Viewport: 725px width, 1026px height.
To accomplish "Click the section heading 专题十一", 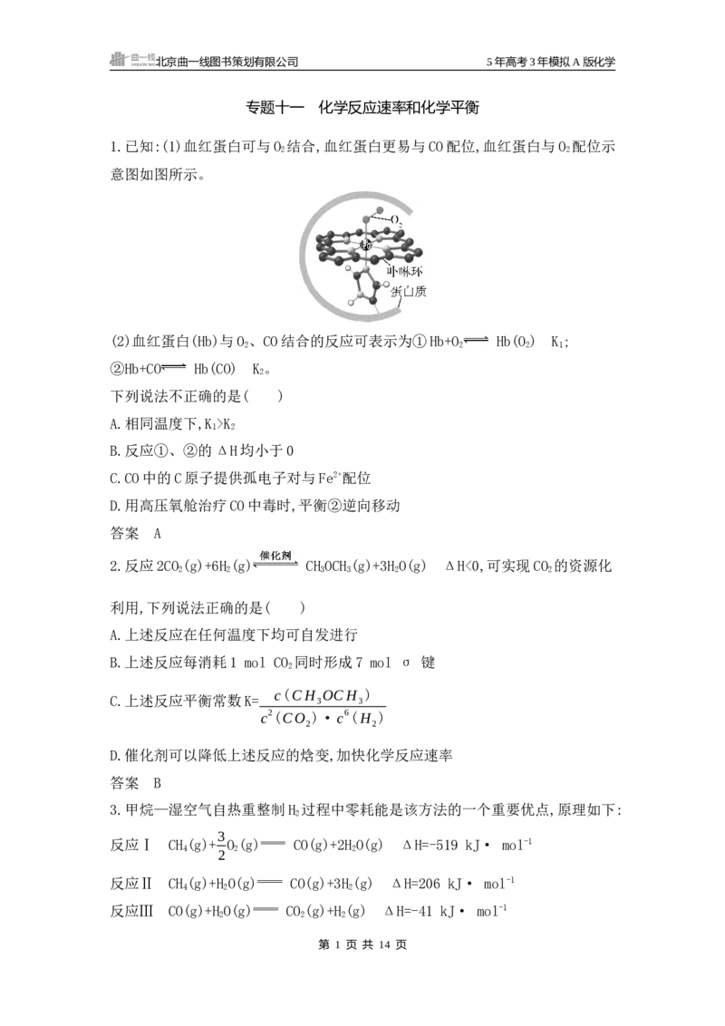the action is [x=275, y=107].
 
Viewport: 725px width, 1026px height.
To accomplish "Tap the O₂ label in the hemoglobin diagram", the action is [x=397, y=220].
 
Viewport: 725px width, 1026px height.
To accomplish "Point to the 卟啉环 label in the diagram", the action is [x=404, y=272].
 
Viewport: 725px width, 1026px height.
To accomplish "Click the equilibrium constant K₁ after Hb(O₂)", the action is [x=558, y=342].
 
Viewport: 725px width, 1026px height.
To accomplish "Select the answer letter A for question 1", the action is [x=157, y=533].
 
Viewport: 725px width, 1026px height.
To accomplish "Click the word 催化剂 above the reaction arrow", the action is [x=275, y=556].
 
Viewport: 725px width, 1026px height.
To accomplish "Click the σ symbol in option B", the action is [x=406, y=663].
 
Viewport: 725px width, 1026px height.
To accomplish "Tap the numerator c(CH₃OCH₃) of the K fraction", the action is [x=322, y=695].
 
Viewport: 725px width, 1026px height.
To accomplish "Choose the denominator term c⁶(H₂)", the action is [x=359, y=719].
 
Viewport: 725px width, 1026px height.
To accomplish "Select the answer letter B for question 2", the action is [x=157, y=782].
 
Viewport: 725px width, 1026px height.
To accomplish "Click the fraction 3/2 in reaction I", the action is [x=221, y=845].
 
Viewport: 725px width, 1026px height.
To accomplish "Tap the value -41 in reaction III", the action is [x=418, y=911].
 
